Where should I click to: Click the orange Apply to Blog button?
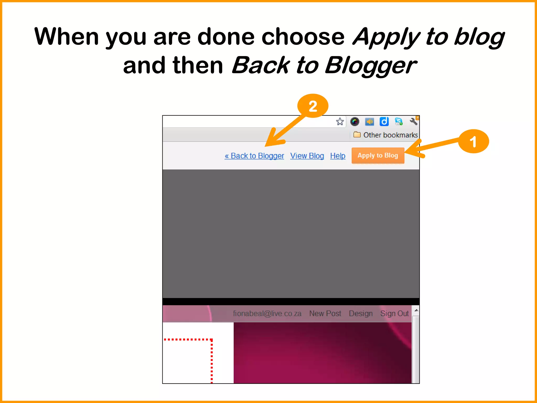(378, 156)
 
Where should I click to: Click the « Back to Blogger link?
(254, 156)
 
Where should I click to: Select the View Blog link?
(307, 156)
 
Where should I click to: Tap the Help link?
(337, 156)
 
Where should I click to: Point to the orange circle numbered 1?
(473, 141)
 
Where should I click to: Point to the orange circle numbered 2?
(313, 106)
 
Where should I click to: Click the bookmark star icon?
(340, 121)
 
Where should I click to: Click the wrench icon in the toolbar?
(414, 121)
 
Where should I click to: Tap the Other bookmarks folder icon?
(357, 135)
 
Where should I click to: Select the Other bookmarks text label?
(390, 135)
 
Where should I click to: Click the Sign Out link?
(394, 314)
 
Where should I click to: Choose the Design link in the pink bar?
(361, 314)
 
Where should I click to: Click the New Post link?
(325, 314)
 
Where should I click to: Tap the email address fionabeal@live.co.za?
(267, 314)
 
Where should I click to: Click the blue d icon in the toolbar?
(384, 121)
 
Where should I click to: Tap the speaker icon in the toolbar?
(369, 121)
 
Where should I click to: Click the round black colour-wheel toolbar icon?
(355, 121)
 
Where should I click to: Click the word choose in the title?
(303, 37)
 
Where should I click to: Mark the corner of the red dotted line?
(211, 340)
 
